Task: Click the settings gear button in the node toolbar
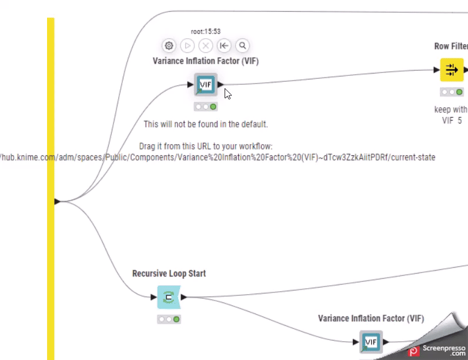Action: [x=169, y=45]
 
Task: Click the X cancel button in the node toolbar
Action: [x=205, y=45]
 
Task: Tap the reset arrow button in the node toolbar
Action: [x=223, y=45]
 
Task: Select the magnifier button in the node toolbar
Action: [x=242, y=45]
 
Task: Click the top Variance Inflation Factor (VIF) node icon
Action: [x=206, y=85]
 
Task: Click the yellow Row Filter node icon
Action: [x=452, y=70]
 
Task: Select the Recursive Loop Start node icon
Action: [x=169, y=298]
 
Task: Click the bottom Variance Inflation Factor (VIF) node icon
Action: [x=370, y=342]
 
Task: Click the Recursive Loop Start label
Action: [x=169, y=274]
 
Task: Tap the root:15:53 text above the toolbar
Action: [x=206, y=31]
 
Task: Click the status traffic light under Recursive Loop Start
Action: [x=169, y=319]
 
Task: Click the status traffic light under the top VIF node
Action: [x=206, y=107]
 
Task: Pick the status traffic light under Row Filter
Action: [x=452, y=92]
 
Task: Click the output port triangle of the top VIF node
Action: [x=220, y=85]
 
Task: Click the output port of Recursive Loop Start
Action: [x=184, y=298]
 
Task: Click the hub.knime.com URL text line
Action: [x=218, y=158]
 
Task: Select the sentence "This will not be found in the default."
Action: [x=206, y=125]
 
